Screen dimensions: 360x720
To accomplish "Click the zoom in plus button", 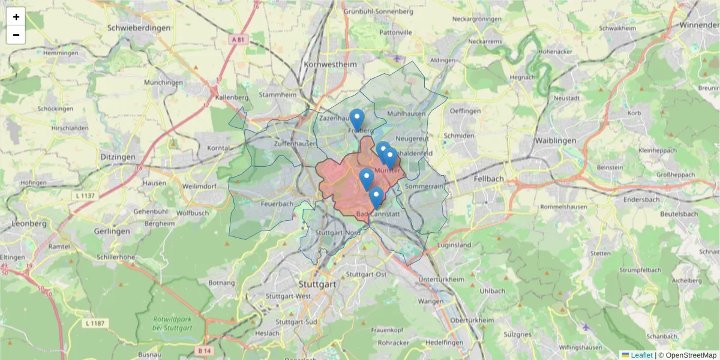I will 16,17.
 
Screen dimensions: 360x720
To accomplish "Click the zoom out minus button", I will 16,35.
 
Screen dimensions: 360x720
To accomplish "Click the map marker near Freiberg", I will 357,119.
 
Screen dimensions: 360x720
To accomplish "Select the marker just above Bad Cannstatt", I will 376,197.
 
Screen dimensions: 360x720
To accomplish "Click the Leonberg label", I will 29,223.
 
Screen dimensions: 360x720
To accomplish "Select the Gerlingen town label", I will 112,231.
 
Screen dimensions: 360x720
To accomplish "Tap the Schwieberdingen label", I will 139,28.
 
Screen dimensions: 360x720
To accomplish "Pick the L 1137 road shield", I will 85,196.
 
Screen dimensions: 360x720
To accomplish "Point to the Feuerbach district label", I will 277,203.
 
